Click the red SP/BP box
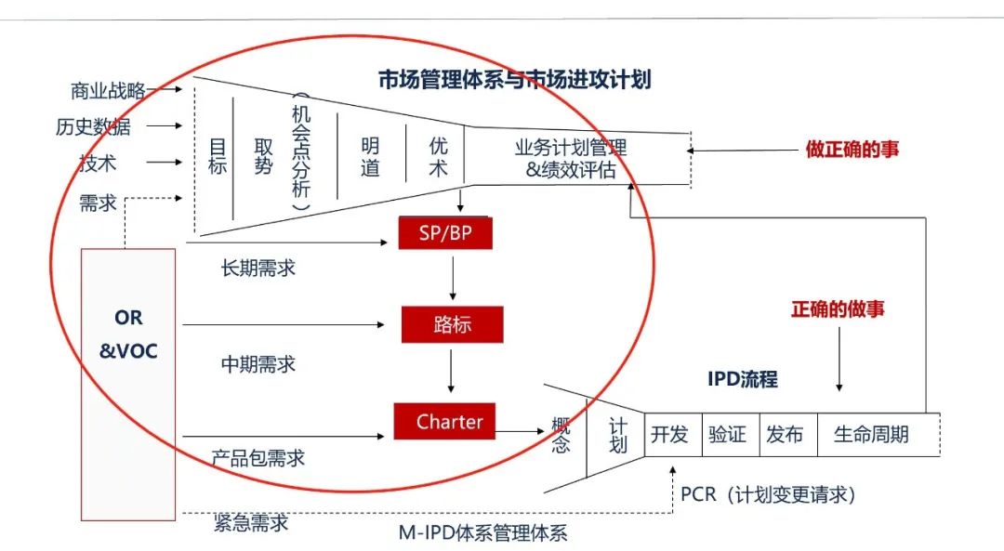[x=444, y=233]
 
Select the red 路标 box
[x=452, y=325]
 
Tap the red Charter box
[x=443, y=421]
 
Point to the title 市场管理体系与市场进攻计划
[x=514, y=80]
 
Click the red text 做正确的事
[x=852, y=149]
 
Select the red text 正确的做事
[x=838, y=309]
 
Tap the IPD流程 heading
[x=742, y=379]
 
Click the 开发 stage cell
[x=669, y=435]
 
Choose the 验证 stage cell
[x=727, y=435]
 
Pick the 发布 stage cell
[x=785, y=435]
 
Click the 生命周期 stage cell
[x=871, y=435]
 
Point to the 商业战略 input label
[x=108, y=90]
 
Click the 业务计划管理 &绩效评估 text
[x=571, y=158]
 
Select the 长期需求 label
[x=258, y=268]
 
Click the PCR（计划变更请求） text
[x=767, y=494]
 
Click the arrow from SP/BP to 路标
[x=453, y=278]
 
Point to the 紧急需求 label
[x=250, y=523]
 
